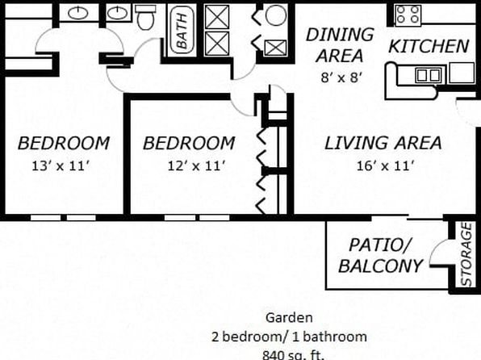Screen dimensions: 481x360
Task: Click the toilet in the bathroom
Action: (x=145, y=18)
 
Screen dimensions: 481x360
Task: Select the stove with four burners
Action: (x=408, y=15)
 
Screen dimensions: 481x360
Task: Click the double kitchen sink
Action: (x=429, y=74)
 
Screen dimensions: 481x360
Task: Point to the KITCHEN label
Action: (x=429, y=46)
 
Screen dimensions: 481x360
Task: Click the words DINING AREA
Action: (x=340, y=45)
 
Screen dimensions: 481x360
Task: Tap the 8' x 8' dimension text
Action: (x=340, y=77)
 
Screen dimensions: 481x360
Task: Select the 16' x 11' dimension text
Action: (x=386, y=166)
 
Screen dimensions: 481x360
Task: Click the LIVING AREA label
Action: (x=383, y=143)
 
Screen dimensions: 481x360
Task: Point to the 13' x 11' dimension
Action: (x=61, y=166)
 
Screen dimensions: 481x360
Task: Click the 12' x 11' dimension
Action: (x=197, y=166)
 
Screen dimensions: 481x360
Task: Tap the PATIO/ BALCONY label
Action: (x=380, y=255)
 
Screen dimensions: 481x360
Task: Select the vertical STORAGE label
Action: (x=466, y=254)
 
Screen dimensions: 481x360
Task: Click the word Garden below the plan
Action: (x=289, y=318)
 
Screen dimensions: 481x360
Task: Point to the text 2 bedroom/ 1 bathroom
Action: (x=289, y=337)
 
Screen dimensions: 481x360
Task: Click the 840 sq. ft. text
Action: (x=293, y=355)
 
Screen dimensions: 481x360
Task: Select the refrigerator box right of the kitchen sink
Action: (x=462, y=73)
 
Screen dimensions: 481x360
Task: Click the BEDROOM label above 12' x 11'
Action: (x=189, y=144)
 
